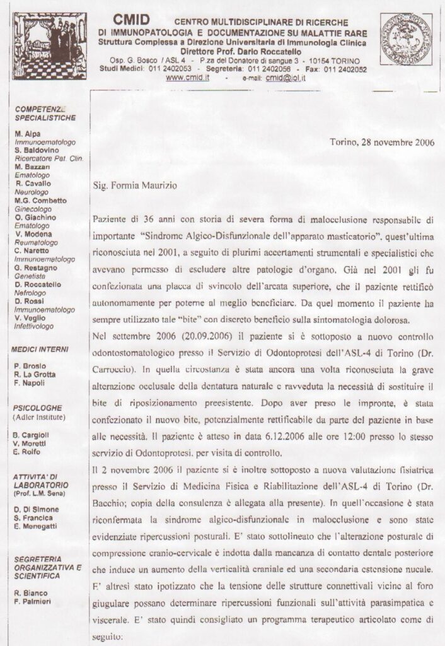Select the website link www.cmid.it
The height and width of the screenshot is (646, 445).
[x=187, y=78]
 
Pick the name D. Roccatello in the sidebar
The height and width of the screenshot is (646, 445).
[x=38, y=285]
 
